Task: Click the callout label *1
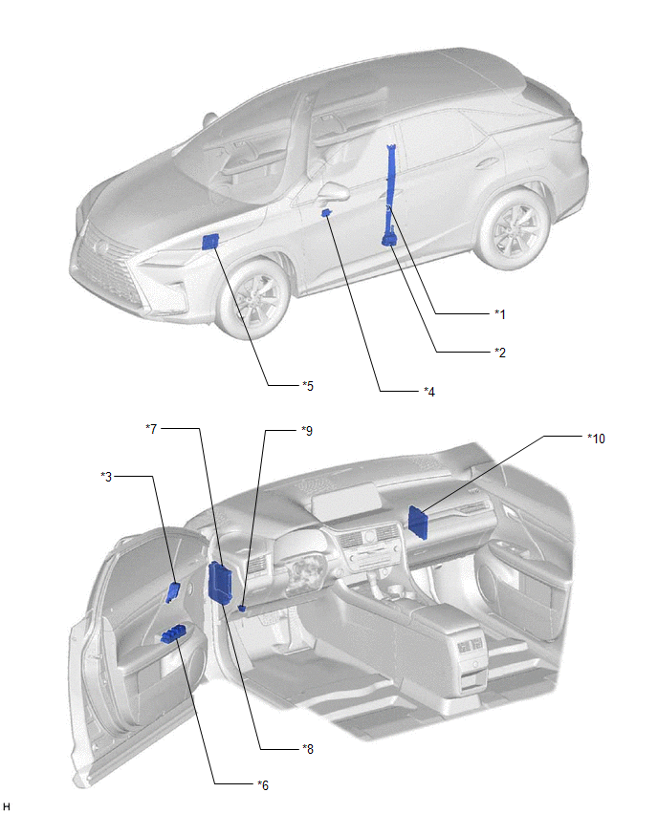(x=499, y=313)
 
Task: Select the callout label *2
(x=499, y=352)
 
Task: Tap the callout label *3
(x=108, y=475)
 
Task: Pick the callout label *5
(x=307, y=385)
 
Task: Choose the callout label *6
(x=263, y=784)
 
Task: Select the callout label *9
(x=306, y=430)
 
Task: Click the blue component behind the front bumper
(x=212, y=239)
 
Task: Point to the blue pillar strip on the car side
(x=391, y=191)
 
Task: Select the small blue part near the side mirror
(x=326, y=213)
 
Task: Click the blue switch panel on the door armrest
(x=175, y=632)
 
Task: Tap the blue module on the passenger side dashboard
(x=418, y=517)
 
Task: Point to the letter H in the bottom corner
(x=8, y=806)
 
